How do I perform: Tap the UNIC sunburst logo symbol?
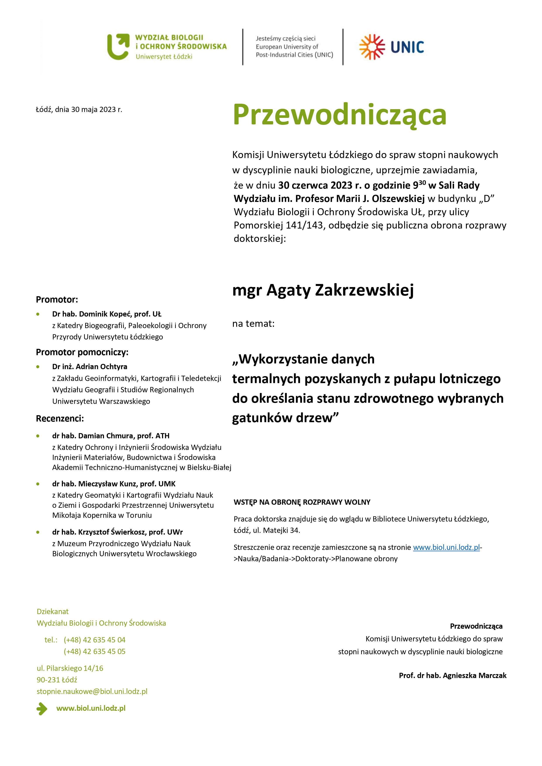pos(372,47)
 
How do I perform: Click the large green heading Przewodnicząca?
pos(339,114)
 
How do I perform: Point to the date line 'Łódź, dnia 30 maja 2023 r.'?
pos(79,109)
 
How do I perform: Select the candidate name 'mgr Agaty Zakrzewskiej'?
pos(323,290)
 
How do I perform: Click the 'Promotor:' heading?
pos(57,299)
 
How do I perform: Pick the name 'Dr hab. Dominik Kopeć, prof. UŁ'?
pos(107,314)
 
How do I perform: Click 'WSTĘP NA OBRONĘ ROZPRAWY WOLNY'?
pos(302,502)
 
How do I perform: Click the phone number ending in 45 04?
pos(95,640)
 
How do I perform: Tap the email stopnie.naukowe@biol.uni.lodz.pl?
pos(92,691)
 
